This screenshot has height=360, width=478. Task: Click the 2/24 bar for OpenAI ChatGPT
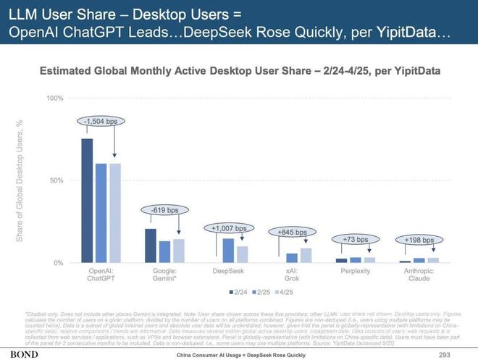87,201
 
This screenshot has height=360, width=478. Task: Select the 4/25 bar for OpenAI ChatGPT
114,213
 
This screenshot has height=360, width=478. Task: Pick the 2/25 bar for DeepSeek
228,250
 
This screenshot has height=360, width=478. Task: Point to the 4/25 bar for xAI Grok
305,255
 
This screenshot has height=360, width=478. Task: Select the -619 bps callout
164,210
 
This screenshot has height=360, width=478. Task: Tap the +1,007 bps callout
228,228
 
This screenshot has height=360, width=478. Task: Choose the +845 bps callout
292,233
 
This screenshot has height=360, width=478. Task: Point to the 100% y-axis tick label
56,98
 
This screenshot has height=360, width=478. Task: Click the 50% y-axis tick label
57,180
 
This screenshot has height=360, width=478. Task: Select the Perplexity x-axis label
355,271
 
